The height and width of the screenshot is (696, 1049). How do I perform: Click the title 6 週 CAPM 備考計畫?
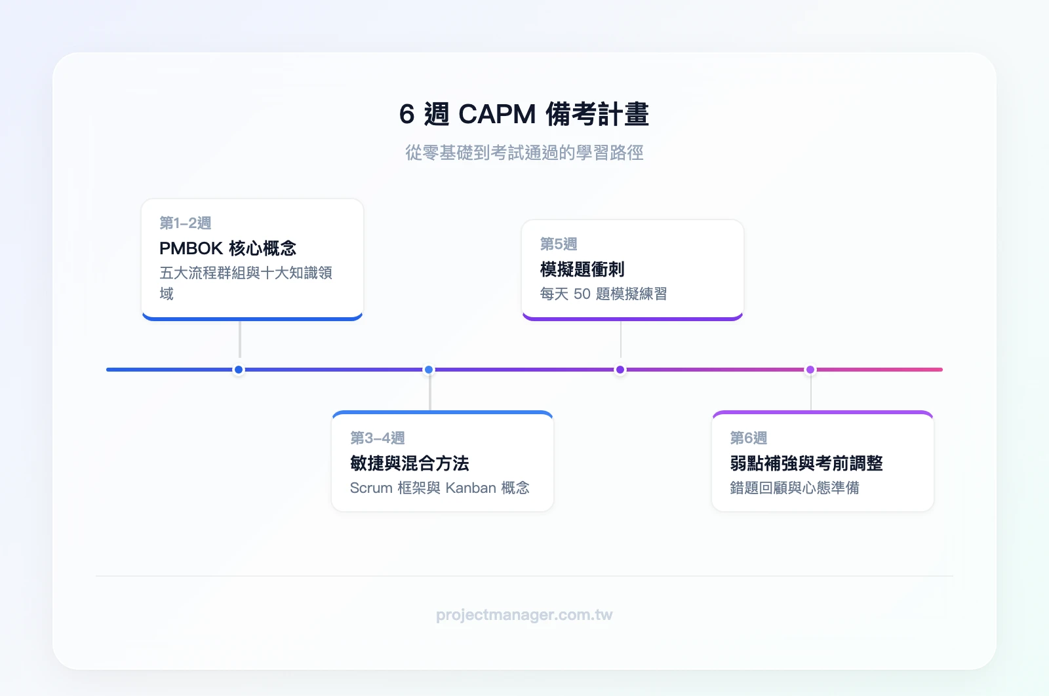click(x=524, y=114)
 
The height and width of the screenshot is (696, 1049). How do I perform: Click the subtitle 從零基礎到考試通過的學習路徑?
click(x=524, y=153)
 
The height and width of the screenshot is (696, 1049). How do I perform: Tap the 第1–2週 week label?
click(x=186, y=223)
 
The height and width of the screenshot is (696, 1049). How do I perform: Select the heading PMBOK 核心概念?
click(x=228, y=248)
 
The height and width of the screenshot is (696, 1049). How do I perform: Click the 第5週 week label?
click(x=559, y=244)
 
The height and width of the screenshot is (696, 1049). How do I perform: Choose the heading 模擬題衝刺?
click(x=582, y=269)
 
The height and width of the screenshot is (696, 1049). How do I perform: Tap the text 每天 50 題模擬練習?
click(x=603, y=294)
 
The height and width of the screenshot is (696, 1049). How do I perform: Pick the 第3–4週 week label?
click(x=377, y=438)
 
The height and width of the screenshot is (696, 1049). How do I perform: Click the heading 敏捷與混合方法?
click(x=409, y=463)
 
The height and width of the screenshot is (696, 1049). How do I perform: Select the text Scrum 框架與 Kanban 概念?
click(x=439, y=488)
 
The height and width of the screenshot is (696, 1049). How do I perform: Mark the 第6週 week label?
click(x=748, y=438)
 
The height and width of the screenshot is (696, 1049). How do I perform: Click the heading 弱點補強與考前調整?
click(x=806, y=463)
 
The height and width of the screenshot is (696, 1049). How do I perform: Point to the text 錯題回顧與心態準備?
click(x=794, y=488)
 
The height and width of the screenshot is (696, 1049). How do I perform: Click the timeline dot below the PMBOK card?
click(x=239, y=370)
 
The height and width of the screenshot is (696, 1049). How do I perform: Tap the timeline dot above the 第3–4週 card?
click(x=429, y=370)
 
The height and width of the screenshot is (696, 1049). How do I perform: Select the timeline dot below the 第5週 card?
click(x=620, y=370)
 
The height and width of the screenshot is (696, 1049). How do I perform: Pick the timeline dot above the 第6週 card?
click(x=810, y=370)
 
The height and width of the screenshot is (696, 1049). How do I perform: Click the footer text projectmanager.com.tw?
click(x=524, y=615)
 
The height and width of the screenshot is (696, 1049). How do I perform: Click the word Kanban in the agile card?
click(x=471, y=488)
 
